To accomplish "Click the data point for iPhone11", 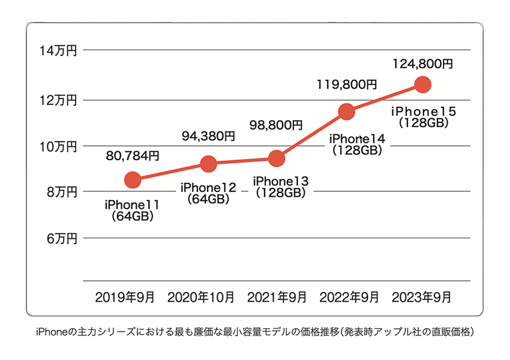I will coord(133,179).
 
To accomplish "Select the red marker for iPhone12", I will coord(208,163).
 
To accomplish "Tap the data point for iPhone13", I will coord(277,158).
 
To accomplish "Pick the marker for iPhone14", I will coord(346,111).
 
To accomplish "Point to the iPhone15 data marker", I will coord(422,84).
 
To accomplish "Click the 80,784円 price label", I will coord(133,156).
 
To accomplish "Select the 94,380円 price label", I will coord(208,136).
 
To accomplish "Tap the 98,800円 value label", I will coord(276,125).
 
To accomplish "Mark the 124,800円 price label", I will coord(422,62).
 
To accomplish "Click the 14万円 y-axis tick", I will coord(58,52).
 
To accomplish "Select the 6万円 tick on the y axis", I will coord(61,239).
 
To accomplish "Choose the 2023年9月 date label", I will coord(421,296).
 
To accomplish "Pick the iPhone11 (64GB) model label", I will coord(132,211).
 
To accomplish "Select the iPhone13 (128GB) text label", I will coord(281,187).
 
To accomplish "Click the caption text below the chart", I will coord(255,332).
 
